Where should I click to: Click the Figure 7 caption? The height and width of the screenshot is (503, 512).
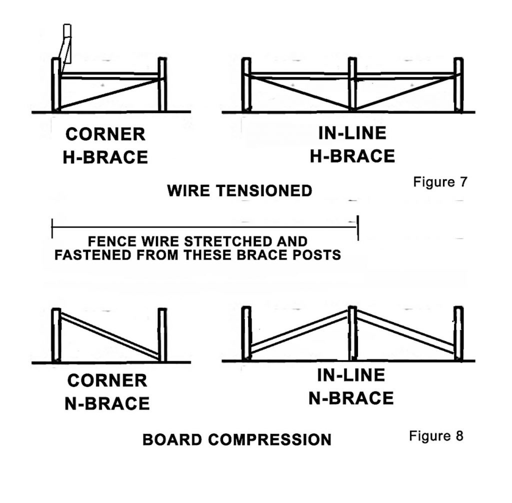440,181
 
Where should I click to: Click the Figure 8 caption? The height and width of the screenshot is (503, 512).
436,436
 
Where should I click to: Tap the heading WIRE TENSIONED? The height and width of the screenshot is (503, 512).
239,190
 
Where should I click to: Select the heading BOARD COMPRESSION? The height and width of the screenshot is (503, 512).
236,439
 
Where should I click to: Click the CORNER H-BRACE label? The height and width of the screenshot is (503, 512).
105,145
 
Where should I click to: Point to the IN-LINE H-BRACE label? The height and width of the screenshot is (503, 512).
352,145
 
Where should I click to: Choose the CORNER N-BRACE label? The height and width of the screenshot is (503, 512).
107,391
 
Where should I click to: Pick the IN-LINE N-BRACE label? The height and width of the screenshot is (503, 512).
351,387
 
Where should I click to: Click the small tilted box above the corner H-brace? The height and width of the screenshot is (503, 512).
66,43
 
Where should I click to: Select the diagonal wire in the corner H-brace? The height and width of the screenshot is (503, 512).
110,94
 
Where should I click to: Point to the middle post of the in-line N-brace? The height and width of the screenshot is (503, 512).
352,333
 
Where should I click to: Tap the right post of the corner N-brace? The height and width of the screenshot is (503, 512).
162,333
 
